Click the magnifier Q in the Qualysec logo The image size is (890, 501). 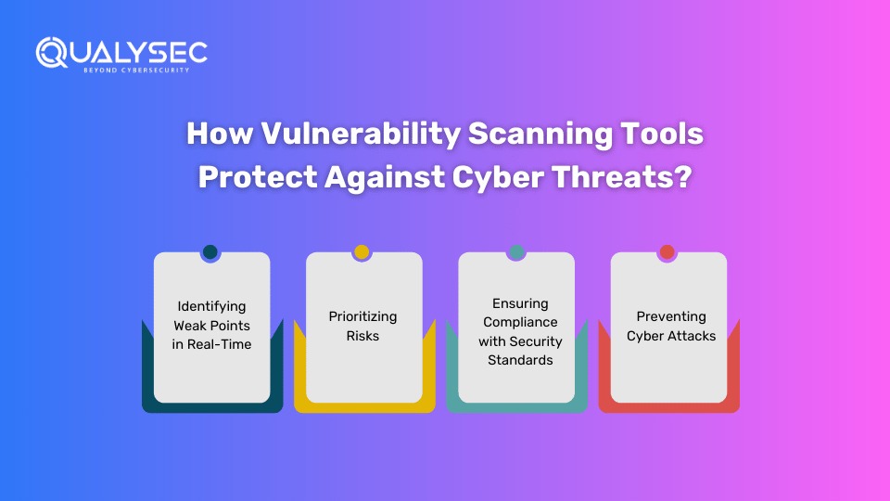point(52,53)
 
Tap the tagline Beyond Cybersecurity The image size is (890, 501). point(136,71)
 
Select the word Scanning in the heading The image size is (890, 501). point(540,135)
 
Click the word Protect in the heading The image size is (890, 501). point(258,177)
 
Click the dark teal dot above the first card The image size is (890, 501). point(210,251)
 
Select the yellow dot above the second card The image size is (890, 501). point(362,251)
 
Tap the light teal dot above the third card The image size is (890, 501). point(516,251)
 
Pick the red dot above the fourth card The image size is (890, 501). point(667,251)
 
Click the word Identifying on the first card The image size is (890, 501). point(211,307)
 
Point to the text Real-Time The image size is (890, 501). point(219,344)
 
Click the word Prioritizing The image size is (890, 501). point(362,317)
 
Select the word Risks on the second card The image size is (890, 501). point(362,336)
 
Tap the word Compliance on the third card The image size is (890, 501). point(520,323)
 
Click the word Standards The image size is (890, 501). point(520,360)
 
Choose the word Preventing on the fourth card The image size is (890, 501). point(671,317)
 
